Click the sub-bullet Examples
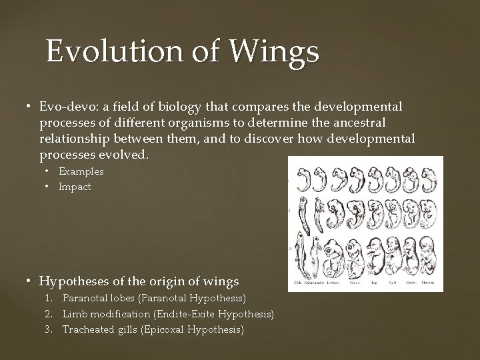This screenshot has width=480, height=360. click(x=81, y=171)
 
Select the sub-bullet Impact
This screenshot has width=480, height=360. click(x=75, y=187)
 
